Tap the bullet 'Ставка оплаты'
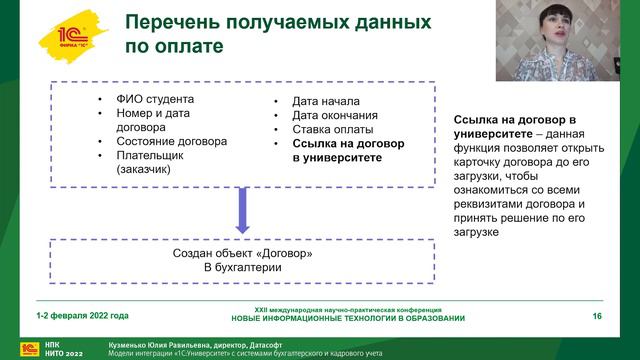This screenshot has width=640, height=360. point(333,130)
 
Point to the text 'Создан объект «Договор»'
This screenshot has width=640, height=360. point(241,253)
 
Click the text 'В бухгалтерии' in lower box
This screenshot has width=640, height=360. point(241,268)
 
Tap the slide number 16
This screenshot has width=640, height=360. point(596,316)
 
